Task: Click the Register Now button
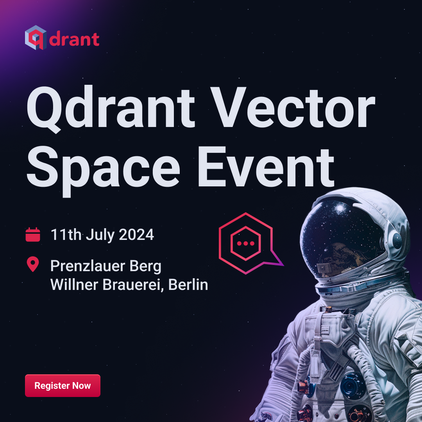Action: (x=63, y=385)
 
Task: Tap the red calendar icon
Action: (x=33, y=235)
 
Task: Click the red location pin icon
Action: (x=33, y=264)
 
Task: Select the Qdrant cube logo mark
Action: (x=36, y=38)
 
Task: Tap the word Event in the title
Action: (x=266, y=166)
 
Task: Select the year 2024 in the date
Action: (x=136, y=235)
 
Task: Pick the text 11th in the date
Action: (x=66, y=235)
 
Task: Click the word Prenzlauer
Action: (x=88, y=266)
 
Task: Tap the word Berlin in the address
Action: (x=188, y=285)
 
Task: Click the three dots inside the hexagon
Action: (x=246, y=243)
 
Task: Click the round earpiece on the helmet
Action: (x=397, y=240)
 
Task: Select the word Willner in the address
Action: (x=74, y=285)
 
